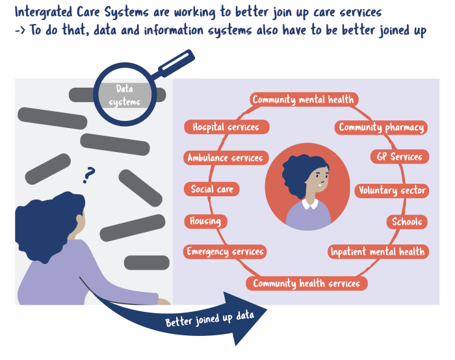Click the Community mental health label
[x=303, y=99]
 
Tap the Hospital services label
[x=226, y=127]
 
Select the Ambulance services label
[x=225, y=158]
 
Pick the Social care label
[x=211, y=189]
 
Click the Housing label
[x=205, y=221]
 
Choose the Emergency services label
[x=225, y=251]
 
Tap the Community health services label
[x=306, y=283]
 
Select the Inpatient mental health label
[x=377, y=251]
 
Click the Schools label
[x=407, y=222]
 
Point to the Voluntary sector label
[x=391, y=190]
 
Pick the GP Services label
[x=400, y=157]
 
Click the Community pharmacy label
[x=382, y=127]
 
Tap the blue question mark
[x=89, y=174]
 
